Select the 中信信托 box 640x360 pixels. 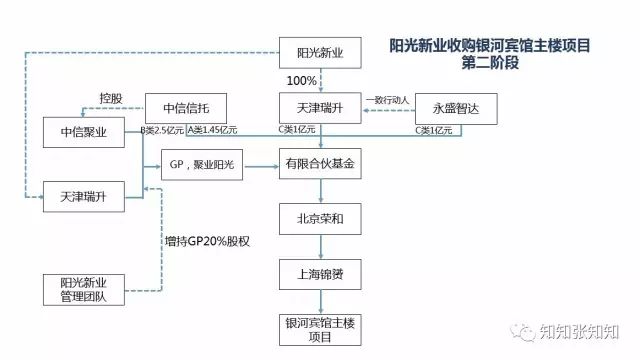pos(186,107)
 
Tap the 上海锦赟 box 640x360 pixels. pos(320,272)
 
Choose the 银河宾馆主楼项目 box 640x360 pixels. pos(320,329)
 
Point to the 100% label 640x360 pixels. pos(302,79)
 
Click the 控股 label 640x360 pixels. pos(112,98)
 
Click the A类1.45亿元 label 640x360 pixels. pos(212,131)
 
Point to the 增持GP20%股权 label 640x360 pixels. pos(207,241)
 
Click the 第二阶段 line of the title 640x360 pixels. pos(489,62)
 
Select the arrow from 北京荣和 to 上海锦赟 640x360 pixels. pos(320,246)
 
